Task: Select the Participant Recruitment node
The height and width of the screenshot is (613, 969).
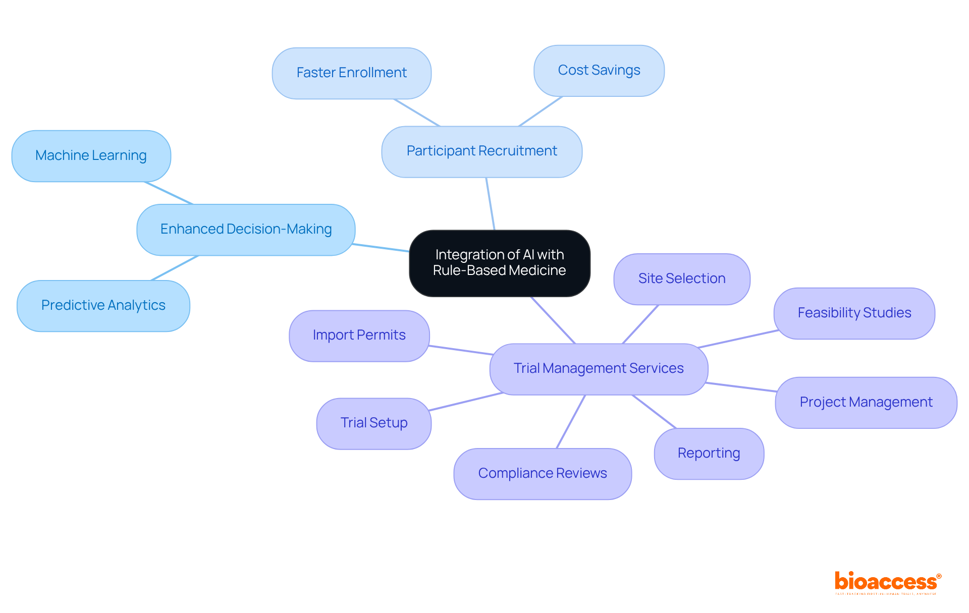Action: point(481,151)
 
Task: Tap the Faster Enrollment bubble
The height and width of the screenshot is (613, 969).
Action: point(351,73)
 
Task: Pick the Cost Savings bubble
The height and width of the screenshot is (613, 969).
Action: point(599,71)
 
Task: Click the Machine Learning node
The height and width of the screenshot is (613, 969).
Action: point(91,156)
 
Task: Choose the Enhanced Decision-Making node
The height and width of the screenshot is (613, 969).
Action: point(246,230)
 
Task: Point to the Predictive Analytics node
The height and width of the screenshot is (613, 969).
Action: point(103,306)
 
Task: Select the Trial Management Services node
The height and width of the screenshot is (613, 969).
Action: point(599,369)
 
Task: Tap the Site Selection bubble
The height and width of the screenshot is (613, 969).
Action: point(681,279)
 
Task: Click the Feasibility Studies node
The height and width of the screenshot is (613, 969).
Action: point(854,313)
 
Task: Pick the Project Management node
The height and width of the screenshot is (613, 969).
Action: point(866,403)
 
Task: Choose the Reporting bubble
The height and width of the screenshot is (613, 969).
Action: point(709,454)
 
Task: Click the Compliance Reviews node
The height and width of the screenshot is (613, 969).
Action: point(542,474)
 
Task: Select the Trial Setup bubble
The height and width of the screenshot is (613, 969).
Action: point(373,423)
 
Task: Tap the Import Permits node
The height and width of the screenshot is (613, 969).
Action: point(359,336)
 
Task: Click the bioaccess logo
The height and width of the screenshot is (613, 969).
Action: point(887,582)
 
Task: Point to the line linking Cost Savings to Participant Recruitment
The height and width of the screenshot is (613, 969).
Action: point(541,111)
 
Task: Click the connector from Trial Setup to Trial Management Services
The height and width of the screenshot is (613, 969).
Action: point(465,402)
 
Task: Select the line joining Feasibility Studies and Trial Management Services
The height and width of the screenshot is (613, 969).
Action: point(738,339)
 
